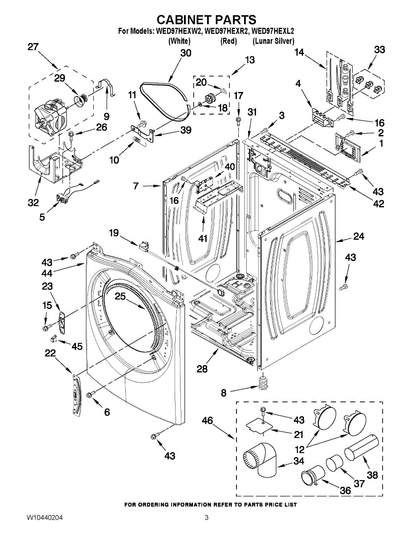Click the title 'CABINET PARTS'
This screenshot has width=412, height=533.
pyautogui.click(x=206, y=20)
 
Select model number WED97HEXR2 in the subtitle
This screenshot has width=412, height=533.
pyautogui.click(x=228, y=32)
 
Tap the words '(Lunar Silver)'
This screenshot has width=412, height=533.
pyautogui.click(x=273, y=41)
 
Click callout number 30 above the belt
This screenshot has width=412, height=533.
pyautogui.click(x=186, y=53)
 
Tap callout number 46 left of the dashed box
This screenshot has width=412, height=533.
pyautogui.click(x=208, y=421)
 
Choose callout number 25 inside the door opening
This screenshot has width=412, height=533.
pyautogui.click(x=120, y=296)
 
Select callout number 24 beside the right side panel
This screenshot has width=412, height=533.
pyautogui.click(x=359, y=236)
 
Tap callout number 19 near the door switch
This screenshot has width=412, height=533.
pyautogui.click(x=114, y=233)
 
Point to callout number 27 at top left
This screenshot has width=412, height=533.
pyautogui.click(x=33, y=47)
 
